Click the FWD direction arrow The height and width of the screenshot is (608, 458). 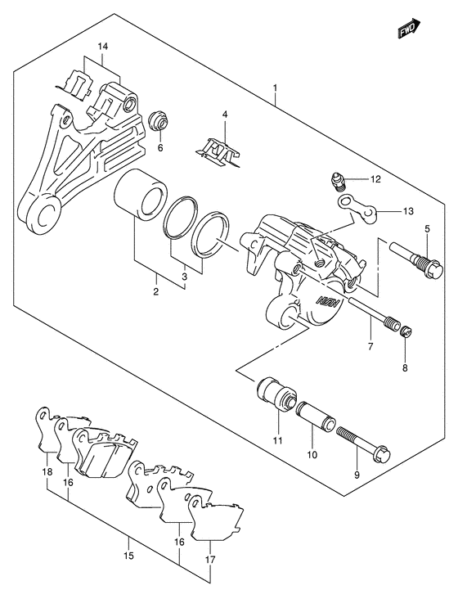409,28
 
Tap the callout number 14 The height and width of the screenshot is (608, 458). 103,47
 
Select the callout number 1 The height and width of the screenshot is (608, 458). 275,88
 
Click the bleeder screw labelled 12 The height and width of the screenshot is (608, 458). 336,182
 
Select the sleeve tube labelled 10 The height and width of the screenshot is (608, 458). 316,417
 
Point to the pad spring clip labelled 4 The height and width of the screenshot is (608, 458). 218,152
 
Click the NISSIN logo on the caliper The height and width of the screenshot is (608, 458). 330,300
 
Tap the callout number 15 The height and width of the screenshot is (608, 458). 129,556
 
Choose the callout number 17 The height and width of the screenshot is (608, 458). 211,560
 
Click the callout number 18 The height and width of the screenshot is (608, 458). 47,472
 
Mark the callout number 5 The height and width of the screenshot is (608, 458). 427,229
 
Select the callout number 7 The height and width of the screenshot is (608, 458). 370,346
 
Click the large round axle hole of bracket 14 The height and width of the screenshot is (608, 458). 47,214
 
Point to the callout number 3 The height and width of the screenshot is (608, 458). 185,277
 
